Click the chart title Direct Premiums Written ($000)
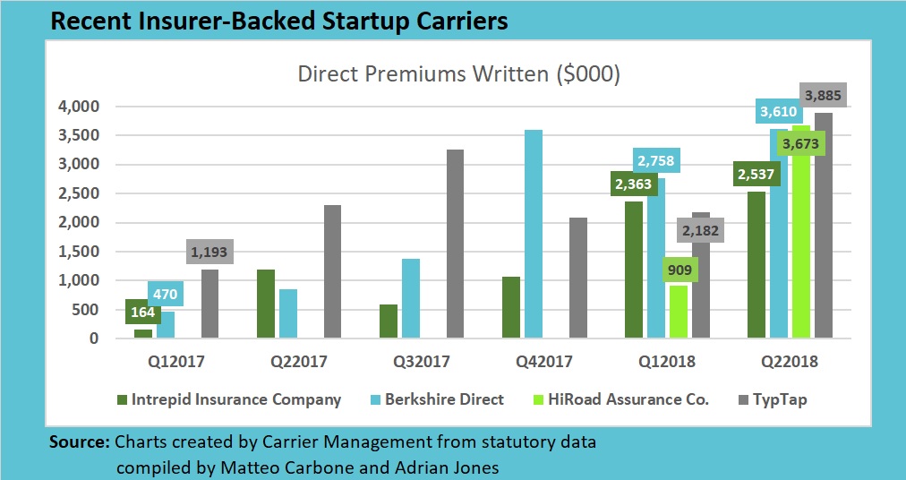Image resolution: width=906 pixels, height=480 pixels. click(458, 75)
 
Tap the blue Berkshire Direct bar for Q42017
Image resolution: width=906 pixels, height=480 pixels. click(533, 234)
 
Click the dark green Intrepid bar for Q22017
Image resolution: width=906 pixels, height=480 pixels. click(266, 304)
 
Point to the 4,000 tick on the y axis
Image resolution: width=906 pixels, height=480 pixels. click(81, 107)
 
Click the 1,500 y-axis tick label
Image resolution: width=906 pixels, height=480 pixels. click(81, 252)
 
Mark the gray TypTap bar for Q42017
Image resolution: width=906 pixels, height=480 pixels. click(578, 278)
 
